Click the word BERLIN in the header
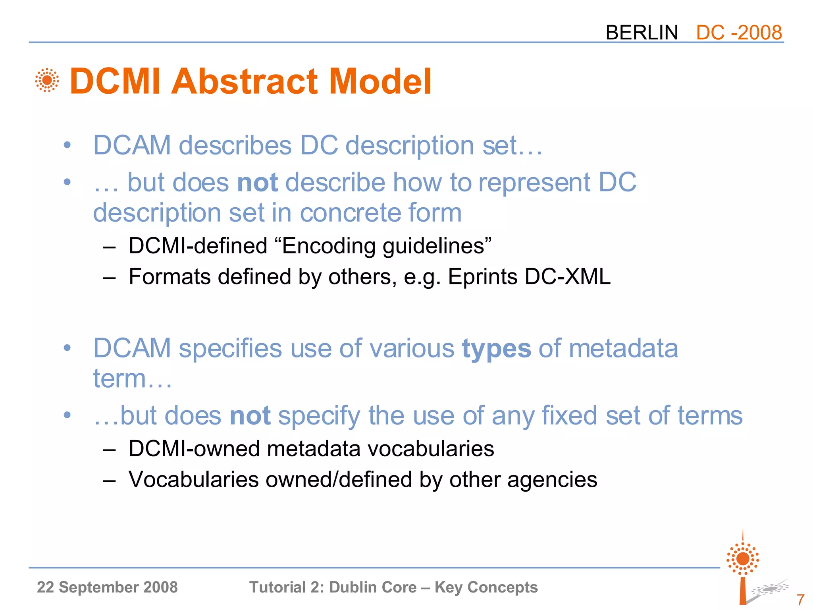pos(642,33)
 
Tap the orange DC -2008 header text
pos(739,33)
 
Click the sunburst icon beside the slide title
pos(47,80)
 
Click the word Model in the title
pos(380,81)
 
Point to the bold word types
pos(496,349)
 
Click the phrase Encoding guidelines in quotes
pos(387,246)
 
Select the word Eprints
pos(482,276)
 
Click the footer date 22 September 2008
pos(107,587)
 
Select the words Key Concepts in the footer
pos(486,587)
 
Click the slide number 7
pos(800,599)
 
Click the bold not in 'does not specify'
pos(250,416)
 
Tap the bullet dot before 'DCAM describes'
pos(67,145)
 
